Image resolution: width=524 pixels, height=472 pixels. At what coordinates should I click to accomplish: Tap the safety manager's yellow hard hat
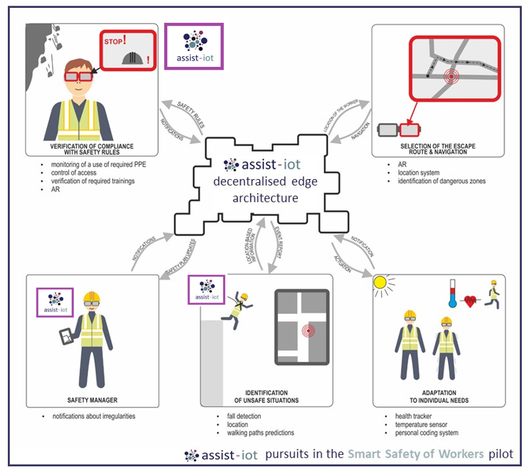(90, 297)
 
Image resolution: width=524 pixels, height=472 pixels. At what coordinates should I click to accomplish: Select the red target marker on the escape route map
(449, 77)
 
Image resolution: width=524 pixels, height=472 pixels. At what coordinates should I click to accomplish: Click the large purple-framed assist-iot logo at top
(194, 45)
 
